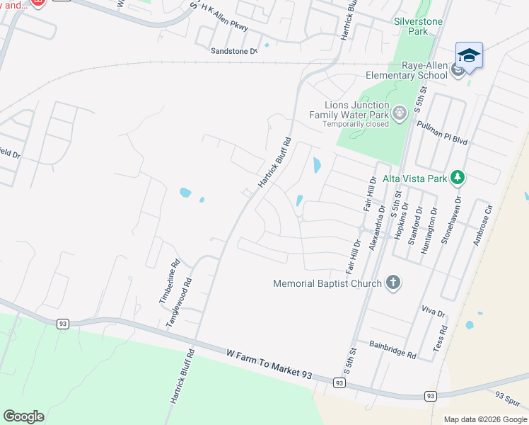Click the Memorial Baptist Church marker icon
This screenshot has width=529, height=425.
pos(394,283)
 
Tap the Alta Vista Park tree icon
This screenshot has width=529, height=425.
pos(458,178)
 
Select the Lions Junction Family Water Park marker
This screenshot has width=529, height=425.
pos(400,113)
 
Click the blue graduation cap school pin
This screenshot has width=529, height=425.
pos(469,55)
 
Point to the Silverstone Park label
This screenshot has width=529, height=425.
pos(418,27)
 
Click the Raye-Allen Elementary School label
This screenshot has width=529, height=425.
pos(407,70)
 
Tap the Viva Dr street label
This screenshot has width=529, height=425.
pos(433,312)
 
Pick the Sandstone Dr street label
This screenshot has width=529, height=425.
pos(234,51)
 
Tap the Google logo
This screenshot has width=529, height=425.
pos(23,416)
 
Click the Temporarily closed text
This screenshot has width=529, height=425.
pos(356,124)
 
